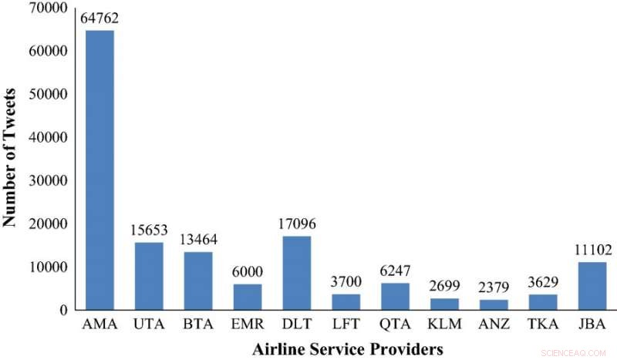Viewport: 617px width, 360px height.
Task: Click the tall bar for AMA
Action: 99,170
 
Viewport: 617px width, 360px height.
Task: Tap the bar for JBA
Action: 592,285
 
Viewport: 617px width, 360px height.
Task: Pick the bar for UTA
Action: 149,276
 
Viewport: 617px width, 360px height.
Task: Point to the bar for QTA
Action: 396,296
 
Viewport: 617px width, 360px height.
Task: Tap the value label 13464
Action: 198,240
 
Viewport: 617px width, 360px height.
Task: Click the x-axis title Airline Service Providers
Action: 346,348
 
